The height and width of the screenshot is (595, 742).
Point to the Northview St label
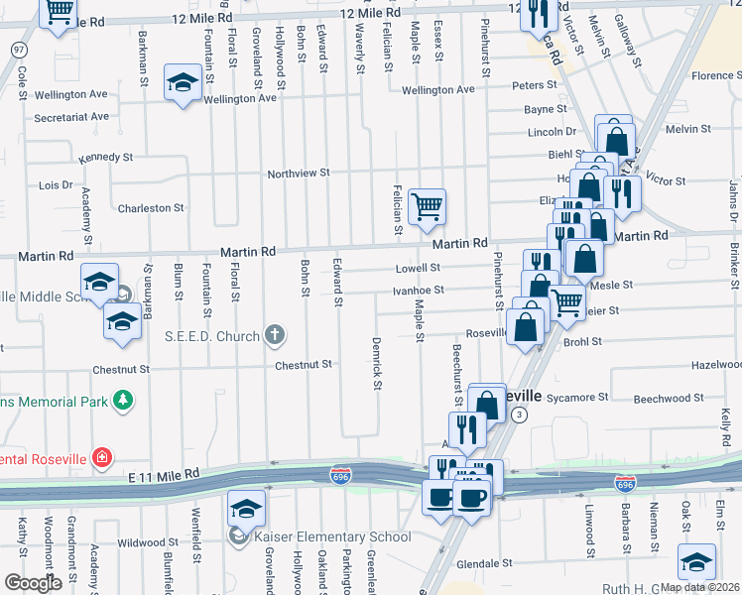point(298,174)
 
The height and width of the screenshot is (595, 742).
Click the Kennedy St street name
point(105,158)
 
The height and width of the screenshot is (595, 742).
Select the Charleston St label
point(151,208)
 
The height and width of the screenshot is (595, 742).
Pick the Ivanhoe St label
point(418,291)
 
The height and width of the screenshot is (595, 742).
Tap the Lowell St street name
point(418,268)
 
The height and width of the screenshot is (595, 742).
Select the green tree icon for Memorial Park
point(123,400)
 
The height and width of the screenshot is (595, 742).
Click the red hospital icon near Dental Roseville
point(100,457)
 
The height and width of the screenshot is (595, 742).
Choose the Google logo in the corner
point(34,584)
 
